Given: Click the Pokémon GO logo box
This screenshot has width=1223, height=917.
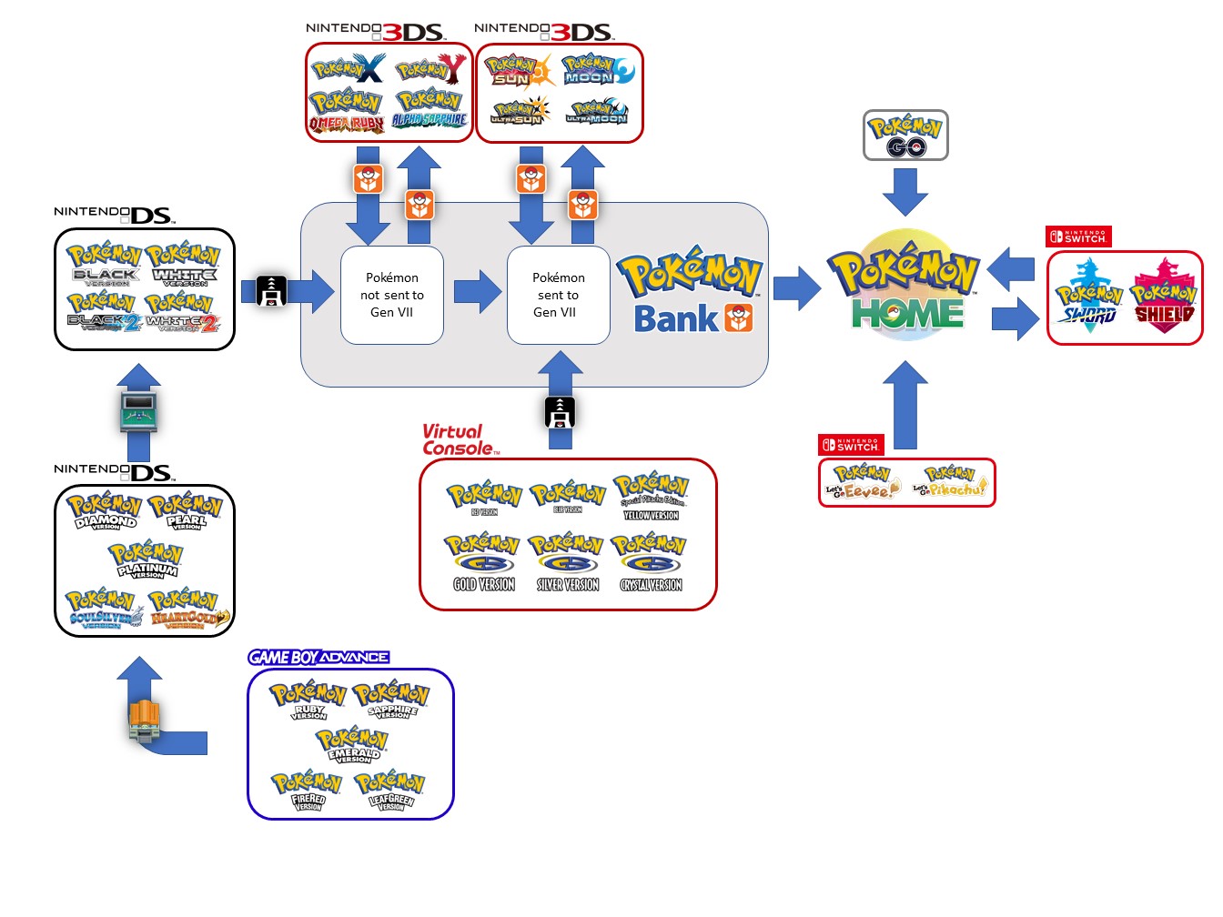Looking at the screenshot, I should point(905,136).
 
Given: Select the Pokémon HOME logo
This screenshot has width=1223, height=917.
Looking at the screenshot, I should point(905,287).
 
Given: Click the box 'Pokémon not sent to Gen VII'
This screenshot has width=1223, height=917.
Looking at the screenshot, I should point(392,295).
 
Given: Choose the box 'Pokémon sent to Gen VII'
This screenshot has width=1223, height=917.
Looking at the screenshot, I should point(558,295).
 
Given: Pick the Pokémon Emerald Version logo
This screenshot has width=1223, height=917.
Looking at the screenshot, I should point(352,745).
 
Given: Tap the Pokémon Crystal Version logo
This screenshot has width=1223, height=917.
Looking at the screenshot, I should point(650,564).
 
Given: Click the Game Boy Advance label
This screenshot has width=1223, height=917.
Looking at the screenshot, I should point(318,657).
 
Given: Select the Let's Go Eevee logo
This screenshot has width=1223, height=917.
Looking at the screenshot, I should point(862,482).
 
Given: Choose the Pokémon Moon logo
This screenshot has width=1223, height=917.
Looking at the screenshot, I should point(597,69).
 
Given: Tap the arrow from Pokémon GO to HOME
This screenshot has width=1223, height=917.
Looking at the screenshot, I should point(905,191).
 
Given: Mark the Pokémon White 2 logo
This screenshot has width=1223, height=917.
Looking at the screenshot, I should point(183,311).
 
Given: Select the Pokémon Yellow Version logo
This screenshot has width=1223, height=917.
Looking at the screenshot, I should point(651,496).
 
